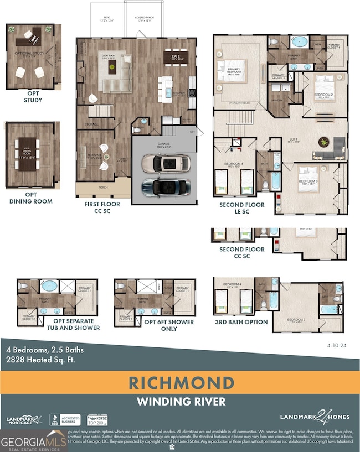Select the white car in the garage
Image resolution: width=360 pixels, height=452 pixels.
(165, 163)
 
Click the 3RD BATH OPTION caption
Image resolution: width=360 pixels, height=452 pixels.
(241, 322)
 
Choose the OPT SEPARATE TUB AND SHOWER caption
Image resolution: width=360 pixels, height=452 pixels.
(76, 324)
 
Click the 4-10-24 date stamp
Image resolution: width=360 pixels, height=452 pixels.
(337, 344)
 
